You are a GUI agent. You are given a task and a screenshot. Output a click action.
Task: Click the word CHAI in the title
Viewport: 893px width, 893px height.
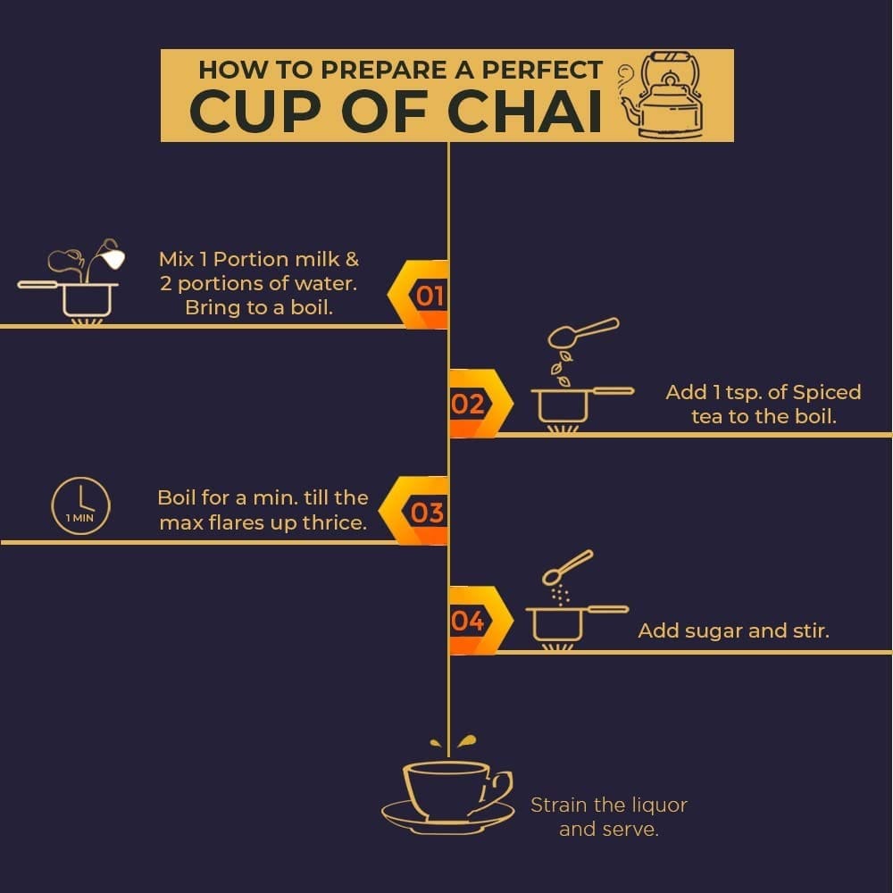pyautogui.click(x=524, y=111)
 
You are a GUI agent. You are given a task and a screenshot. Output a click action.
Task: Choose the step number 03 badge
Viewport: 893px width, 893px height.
pyautogui.click(x=414, y=511)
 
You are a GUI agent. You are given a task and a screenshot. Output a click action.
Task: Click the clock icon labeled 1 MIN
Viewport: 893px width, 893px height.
pyautogui.click(x=80, y=505)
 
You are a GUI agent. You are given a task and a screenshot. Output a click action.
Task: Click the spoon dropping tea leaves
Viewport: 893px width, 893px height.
pyautogui.click(x=582, y=332)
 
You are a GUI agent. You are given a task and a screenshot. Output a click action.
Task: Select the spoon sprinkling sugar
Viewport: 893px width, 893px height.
pyautogui.click(x=567, y=567)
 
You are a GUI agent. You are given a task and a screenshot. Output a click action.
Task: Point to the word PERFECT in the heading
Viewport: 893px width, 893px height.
pyautogui.click(x=542, y=70)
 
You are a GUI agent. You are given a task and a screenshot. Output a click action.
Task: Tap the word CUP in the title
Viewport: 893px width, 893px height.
pyautogui.click(x=255, y=111)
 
